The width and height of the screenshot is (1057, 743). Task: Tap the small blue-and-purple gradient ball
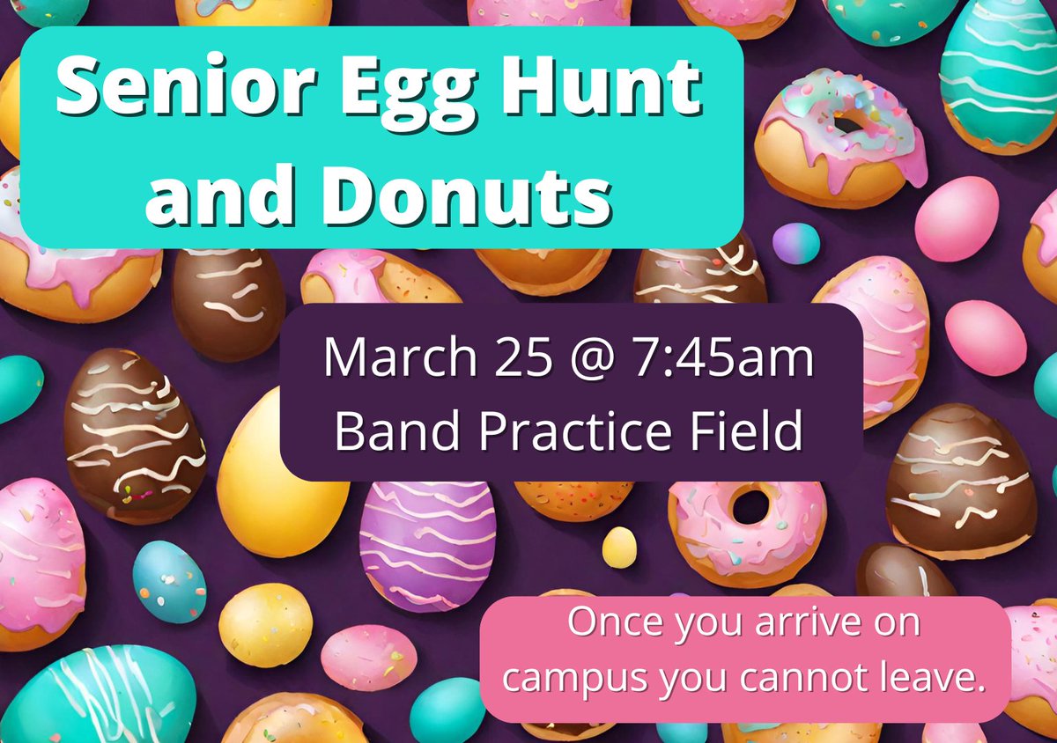795,243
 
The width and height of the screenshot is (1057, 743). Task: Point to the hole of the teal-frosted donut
849,123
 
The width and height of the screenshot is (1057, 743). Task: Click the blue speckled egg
169,581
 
